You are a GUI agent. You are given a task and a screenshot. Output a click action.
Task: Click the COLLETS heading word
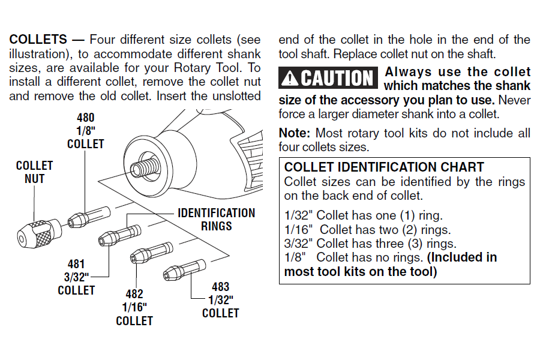[x=38, y=39]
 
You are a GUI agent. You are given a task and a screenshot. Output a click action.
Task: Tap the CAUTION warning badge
[x=328, y=78]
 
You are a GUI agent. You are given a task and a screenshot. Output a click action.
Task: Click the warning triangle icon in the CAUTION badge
[x=290, y=78]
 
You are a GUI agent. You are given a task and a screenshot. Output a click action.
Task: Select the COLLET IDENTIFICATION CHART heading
[x=384, y=167]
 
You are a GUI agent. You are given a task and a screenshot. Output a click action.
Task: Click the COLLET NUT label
[x=34, y=172]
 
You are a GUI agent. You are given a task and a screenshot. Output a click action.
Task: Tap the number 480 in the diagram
[x=85, y=118]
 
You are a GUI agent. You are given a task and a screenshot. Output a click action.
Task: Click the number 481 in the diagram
[x=76, y=264]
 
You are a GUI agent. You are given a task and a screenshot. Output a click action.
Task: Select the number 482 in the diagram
[x=134, y=294]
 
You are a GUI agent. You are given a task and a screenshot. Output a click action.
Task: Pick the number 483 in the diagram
[x=220, y=287]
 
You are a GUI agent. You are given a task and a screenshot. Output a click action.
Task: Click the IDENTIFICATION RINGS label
[x=216, y=220]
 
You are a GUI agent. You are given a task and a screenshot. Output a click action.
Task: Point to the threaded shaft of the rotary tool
[x=144, y=166]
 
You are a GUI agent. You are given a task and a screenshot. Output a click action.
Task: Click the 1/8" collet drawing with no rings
[x=89, y=217]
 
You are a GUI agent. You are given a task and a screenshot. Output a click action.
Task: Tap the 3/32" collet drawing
[x=119, y=235]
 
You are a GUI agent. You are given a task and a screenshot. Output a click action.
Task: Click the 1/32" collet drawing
[x=184, y=271]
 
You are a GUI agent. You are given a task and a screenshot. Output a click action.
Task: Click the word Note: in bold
[x=295, y=133]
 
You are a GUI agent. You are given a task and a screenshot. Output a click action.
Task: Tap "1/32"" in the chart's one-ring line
[x=298, y=215]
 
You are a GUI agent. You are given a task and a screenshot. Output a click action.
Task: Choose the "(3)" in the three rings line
[x=415, y=244]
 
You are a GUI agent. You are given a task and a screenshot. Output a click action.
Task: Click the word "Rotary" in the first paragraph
[x=192, y=68]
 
